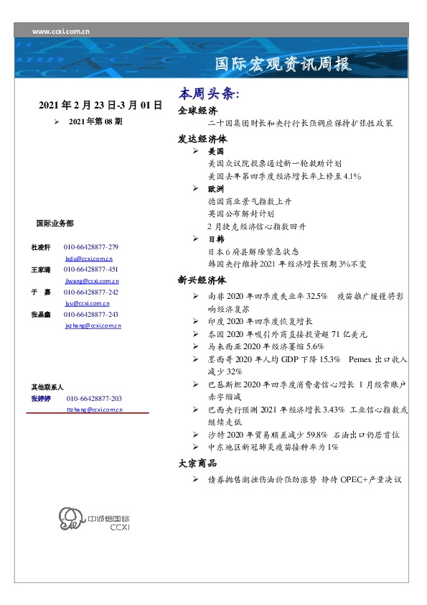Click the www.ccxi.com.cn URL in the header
[x=61, y=31]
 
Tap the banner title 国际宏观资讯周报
[x=283, y=64]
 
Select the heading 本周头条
[x=208, y=94]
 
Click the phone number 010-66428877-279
[x=91, y=246]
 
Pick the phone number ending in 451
[x=91, y=269]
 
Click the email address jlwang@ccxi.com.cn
[x=92, y=281]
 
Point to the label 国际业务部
[x=55, y=223]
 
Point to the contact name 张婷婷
[x=41, y=398]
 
